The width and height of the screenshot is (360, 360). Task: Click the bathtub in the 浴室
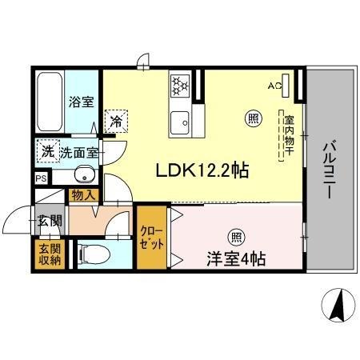click(x=50, y=102)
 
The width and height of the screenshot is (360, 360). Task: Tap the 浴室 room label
click(x=82, y=102)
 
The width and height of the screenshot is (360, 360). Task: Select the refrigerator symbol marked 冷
click(x=116, y=122)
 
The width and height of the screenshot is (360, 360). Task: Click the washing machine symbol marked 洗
click(x=48, y=151)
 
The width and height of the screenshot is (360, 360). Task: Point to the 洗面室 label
click(x=79, y=153)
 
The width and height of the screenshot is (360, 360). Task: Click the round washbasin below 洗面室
click(x=85, y=174)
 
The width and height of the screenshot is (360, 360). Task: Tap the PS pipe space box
click(x=41, y=178)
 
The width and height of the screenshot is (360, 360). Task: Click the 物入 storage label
click(x=83, y=195)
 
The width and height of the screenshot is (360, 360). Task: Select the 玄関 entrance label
click(x=50, y=221)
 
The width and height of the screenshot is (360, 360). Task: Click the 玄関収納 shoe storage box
click(x=50, y=254)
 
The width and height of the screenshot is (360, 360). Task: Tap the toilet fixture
click(x=94, y=254)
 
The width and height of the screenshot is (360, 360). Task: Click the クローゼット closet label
click(x=152, y=238)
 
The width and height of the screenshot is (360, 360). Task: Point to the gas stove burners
click(x=180, y=86)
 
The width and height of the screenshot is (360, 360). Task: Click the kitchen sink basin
click(x=180, y=122)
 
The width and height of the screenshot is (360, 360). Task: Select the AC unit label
click(x=274, y=86)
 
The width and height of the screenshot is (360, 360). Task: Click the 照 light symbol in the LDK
click(x=254, y=118)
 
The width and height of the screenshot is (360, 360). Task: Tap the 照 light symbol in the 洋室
click(x=237, y=237)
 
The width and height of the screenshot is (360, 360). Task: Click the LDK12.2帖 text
click(x=202, y=170)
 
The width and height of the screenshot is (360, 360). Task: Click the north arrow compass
click(x=338, y=305)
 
